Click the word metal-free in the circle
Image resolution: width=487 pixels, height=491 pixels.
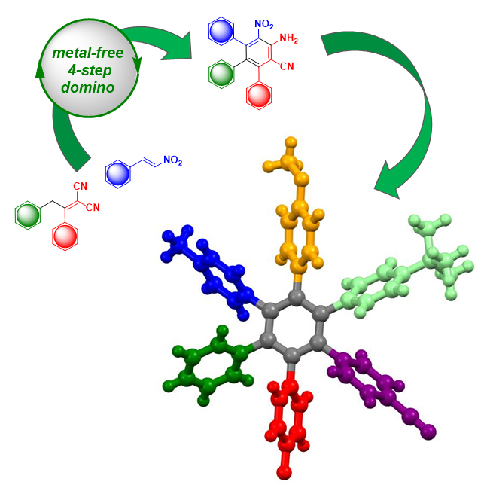88,53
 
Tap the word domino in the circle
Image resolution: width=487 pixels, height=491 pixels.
88,87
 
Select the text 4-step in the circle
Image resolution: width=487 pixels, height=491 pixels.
90,71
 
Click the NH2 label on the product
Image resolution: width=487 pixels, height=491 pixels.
288,38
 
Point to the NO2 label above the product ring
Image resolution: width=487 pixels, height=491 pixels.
264,24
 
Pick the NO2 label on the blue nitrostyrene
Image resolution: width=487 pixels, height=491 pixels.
173,160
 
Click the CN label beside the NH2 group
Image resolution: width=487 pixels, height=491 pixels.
287,66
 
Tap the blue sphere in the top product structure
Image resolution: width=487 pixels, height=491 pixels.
221,32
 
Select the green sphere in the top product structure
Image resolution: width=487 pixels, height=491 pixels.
221,74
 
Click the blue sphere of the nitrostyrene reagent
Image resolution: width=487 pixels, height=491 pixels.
117,174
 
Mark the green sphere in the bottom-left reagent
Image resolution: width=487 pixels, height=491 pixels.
28,215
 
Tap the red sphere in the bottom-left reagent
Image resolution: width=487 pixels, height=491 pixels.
65,236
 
